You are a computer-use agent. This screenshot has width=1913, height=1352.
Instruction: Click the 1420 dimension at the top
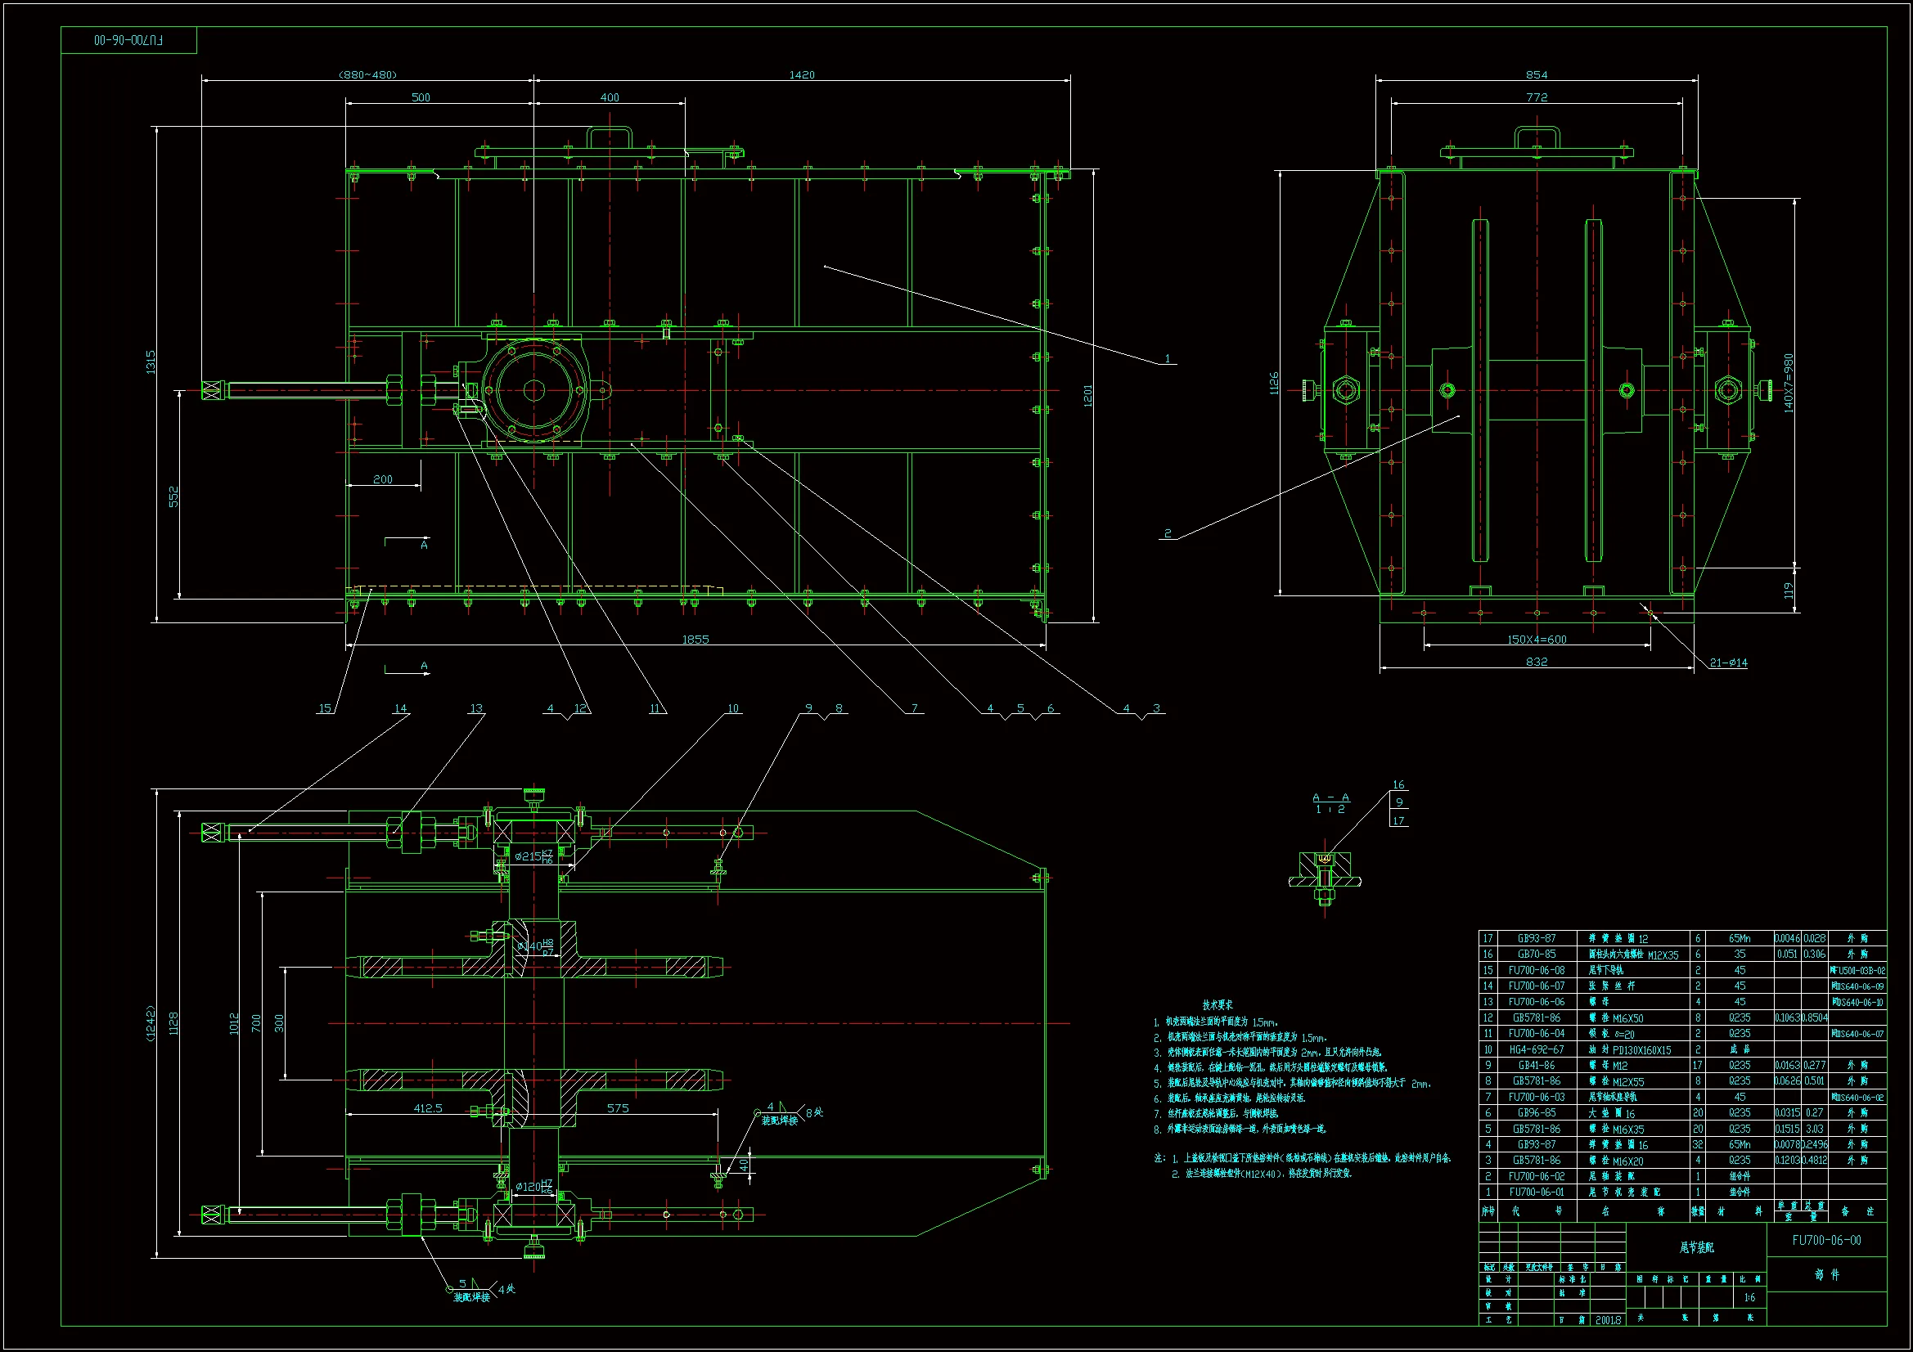[x=802, y=75]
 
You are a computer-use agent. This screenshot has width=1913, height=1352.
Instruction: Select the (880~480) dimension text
[x=367, y=75]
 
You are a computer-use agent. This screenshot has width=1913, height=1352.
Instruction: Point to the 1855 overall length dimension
[x=695, y=640]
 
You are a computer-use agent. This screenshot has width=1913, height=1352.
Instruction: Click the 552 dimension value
[x=173, y=496]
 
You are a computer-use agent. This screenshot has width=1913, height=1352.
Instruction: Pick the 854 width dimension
[x=1537, y=75]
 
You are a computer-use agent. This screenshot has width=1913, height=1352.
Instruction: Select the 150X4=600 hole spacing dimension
[x=1537, y=640]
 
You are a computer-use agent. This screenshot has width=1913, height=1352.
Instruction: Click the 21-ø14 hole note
[x=1728, y=663]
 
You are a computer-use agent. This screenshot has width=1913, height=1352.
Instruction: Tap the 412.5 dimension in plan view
[x=427, y=1108]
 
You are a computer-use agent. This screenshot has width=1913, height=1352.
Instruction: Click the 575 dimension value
[x=618, y=1108]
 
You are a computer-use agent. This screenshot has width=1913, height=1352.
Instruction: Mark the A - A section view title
[x=1330, y=797]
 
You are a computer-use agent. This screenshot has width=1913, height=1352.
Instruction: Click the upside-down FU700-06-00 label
[x=129, y=40]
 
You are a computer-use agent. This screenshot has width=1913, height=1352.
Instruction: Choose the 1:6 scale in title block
[x=1749, y=1298]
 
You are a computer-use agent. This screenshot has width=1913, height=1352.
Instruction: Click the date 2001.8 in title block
[x=1608, y=1320]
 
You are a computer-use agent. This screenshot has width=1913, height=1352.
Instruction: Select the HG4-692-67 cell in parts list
[x=1536, y=1049]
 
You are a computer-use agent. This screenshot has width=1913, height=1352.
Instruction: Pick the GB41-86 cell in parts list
[x=1536, y=1066]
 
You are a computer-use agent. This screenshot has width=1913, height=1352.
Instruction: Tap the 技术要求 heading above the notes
[x=1218, y=1004]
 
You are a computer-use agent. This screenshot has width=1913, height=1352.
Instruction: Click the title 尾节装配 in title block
[x=1696, y=1248]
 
